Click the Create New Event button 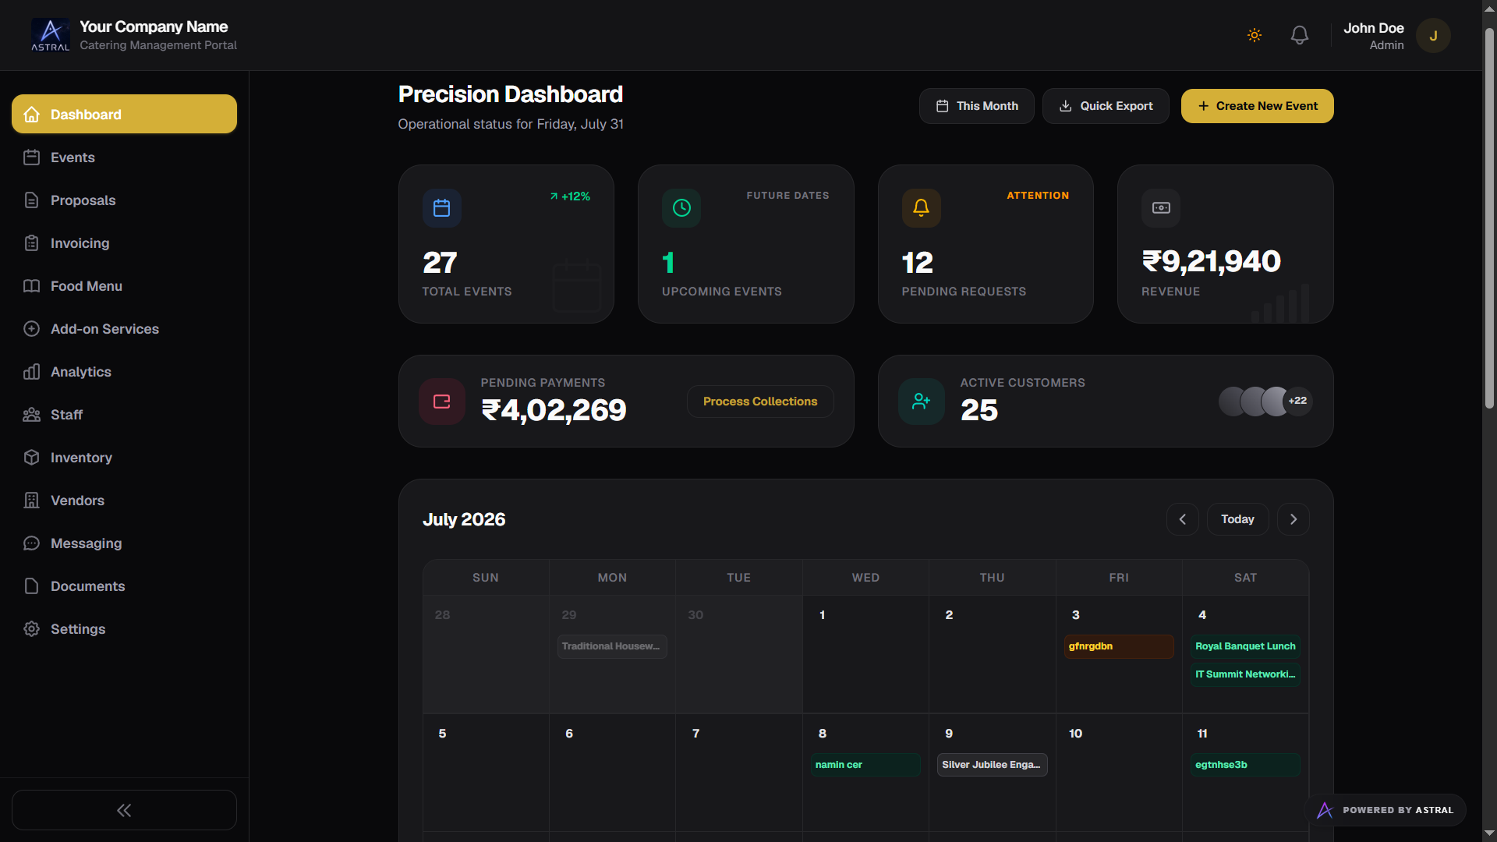pyautogui.click(x=1257, y=106)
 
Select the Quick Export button pyautogui.click(x=1106, y=106)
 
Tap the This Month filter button pyautogui.click(x=976, y=106)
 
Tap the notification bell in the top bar pyautogui.click(x=1299, y=35)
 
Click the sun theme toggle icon pyautogui.click(x=1255, y=35)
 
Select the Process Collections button pyautogui.click(x=760, y=402)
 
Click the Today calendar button pyautogui.click(x=1237, y=519)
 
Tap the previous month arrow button pyautogui.click(x=1182, y=519)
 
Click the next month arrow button pyautogui.click(x=1293, y=519)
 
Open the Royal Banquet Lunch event pyautogui.click(x=1245, y=646)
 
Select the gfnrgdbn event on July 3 pyautogui.click(x=1119, y=646)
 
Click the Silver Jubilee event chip pyautogui.click(x=992, y=765)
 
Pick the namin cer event pyautogui.click(x=865, y=765)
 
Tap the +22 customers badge pyautogui.click(x=1297, y=401)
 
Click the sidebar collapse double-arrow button pyautogui.click(x=124, y=810)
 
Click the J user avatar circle pyautogui.click(x=1433, y=36)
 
